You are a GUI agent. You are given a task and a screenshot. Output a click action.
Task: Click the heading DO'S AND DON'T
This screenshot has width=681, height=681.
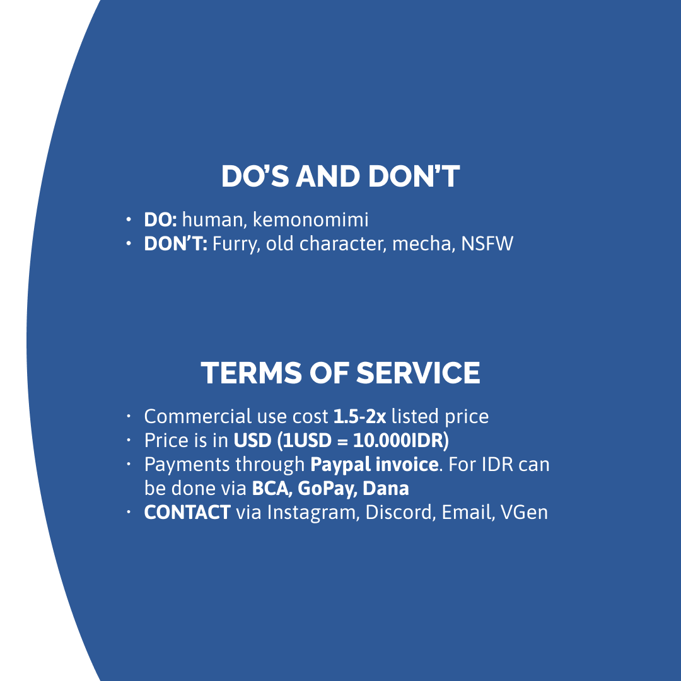point(340,177)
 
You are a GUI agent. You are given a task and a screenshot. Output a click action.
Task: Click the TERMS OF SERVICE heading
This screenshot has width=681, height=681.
point(340,373)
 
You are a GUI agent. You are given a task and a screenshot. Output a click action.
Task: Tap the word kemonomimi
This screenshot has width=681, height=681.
point(310,219)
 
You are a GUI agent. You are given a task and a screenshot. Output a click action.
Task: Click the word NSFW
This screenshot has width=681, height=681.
point(487,243)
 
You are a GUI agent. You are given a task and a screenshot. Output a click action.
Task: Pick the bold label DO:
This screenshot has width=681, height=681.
point(160,220)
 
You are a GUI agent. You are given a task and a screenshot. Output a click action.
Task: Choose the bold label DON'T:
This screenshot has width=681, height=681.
point(175,243)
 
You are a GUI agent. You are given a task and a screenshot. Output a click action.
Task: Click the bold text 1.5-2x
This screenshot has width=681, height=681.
point(359,417)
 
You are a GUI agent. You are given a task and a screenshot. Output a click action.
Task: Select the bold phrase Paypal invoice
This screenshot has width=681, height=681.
point(375,465)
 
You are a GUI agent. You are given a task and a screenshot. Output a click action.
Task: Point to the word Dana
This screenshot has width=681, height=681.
point(386,488)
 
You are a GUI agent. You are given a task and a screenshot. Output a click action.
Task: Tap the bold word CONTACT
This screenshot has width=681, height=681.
point(187,513)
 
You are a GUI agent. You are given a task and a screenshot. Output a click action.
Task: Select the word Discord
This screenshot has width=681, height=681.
point(400,513)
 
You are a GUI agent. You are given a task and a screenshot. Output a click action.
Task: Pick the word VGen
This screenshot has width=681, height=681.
point(524,513)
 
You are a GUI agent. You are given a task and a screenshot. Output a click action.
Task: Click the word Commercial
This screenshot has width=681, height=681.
point(197,417)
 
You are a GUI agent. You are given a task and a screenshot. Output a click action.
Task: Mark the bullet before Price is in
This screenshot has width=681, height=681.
point(129,440)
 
